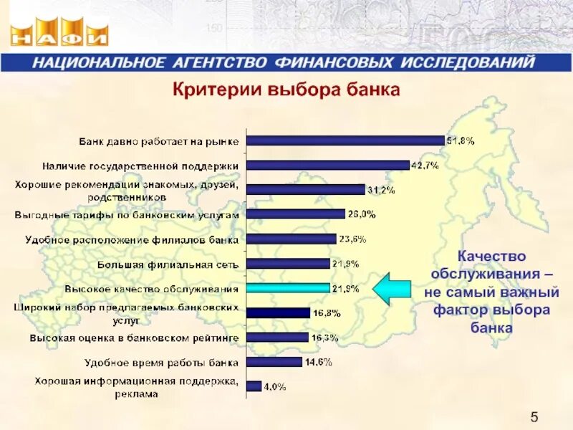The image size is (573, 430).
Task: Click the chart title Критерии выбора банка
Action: click(284, 91)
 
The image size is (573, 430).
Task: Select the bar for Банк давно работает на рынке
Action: click(345, 140)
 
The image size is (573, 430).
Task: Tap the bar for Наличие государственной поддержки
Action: click(327, 165)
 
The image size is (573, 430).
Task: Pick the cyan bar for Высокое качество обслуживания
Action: click(288, 288)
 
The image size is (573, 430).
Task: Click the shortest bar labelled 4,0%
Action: click(254, 386)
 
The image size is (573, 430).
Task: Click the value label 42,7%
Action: click(425, 165)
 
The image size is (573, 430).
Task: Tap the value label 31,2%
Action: click(381, 190)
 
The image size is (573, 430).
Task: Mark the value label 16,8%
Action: click(326, 313)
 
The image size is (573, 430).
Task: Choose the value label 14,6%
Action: click(318, 362)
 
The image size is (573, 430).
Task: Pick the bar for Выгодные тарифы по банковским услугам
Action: click(295, 214)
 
